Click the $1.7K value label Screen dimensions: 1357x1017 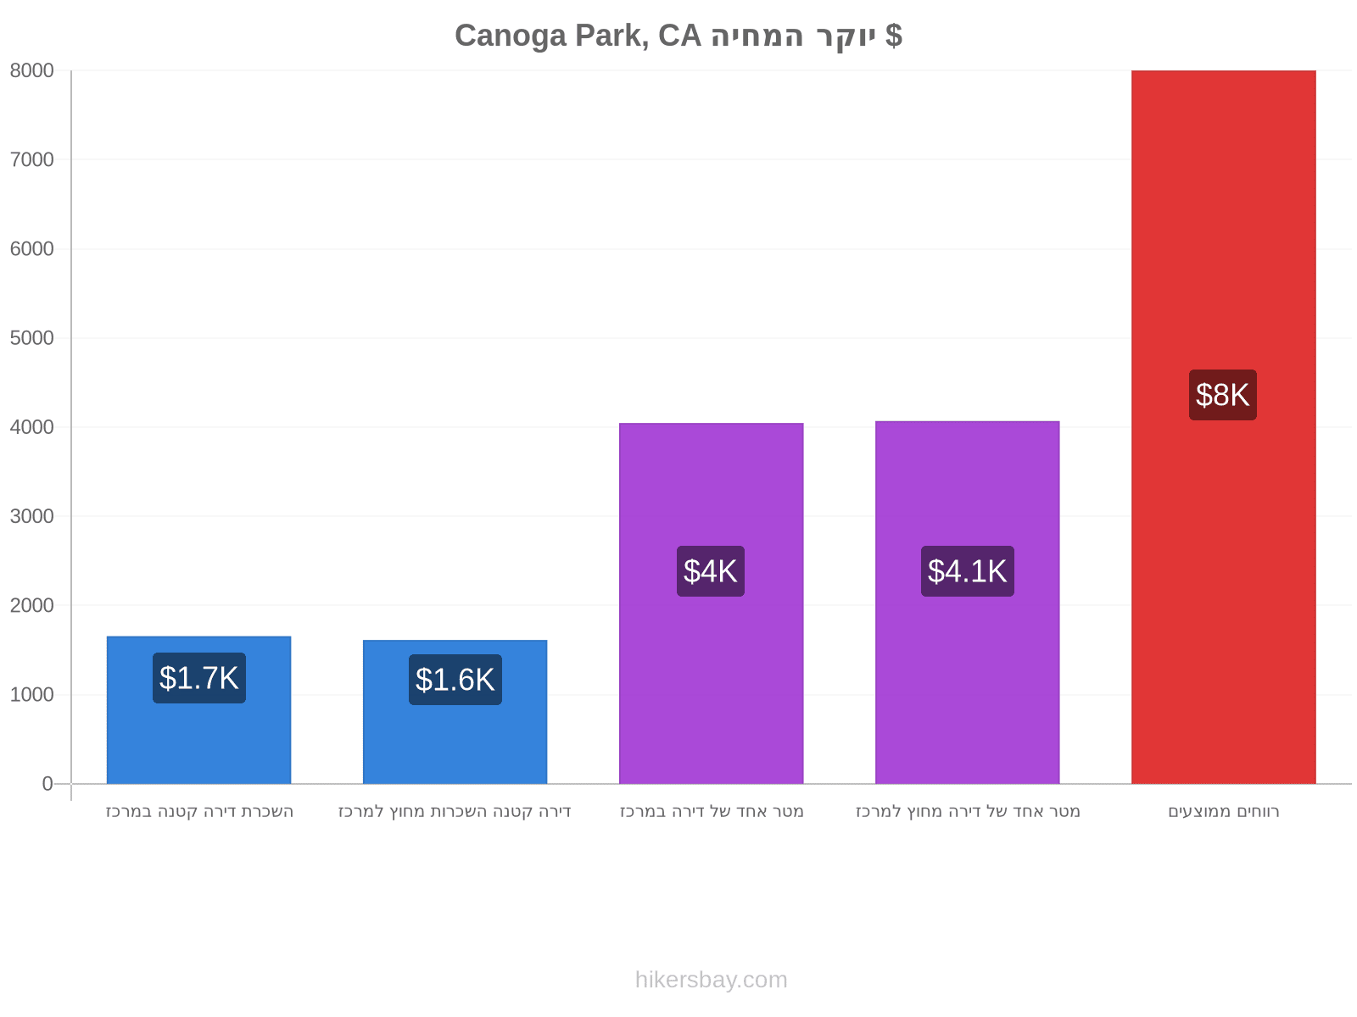pos(198,678)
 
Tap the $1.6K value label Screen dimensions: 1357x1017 pos(455,680)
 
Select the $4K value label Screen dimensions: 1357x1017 pos(710,571)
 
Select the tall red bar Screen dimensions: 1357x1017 pos(1223,427)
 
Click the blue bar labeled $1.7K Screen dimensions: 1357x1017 pos(198,710)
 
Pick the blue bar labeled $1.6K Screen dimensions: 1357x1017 pos(455,712)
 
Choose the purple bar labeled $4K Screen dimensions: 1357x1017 pos(711,604)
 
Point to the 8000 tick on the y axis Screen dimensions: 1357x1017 pos(31,70)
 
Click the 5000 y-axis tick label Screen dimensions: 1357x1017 pos(31,338)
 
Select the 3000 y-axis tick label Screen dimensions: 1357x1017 pos(31,516)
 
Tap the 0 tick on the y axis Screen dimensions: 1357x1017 pos(47,784)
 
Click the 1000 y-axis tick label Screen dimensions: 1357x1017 pos(31,695)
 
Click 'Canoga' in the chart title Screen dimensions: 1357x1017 pos(510,36)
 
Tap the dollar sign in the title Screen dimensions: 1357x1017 pos(893,36)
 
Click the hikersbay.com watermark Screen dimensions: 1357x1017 pos(711,980)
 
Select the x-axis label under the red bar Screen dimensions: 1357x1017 pos(1223,811)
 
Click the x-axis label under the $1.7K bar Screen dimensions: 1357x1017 pos(199,811)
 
